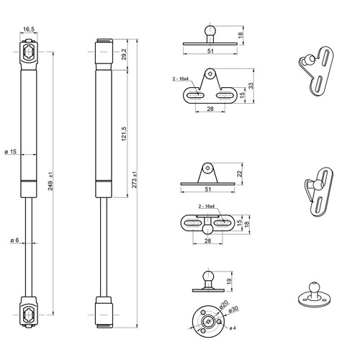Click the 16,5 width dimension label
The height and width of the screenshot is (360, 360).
tap(29, 30)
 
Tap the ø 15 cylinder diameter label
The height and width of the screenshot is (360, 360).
tap(11, 152)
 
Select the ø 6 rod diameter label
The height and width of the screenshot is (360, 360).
tap(14, 240)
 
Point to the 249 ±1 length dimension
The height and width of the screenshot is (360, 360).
tap(51, 183)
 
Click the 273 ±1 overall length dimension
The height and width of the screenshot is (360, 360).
tap(135, 180)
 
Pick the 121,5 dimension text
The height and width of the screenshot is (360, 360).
tap(124, 134)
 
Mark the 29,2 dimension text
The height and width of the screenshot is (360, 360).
tap(124, 55)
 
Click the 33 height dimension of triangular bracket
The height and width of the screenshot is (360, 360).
tap(251, 86)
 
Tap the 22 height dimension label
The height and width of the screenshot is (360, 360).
tap(240, 174)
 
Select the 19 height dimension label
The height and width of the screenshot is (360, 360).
tap(229, 281)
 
